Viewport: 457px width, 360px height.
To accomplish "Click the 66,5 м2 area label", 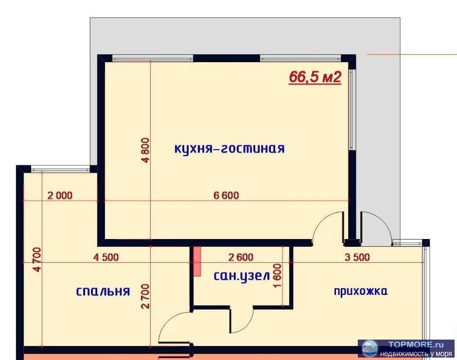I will pyautogui.click(x=315, y=77).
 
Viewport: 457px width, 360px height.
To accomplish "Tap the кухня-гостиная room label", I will pyautogui.click(x=229, y=149).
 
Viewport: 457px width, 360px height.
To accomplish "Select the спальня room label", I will pyautogui.click(x=103, y=291).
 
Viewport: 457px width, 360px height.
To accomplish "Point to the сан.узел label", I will pyautogui.click(x=242, y=276).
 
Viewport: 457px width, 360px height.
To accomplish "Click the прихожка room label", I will pyautogui.click(x=360, y=291).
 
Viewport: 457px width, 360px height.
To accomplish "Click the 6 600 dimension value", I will pyautogui.click(x=227, y=196).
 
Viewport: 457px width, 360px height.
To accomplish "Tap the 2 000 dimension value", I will pyautogui.click(x=60, y=196).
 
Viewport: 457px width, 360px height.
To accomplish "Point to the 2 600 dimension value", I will pyautogui.click(x=240, y=257).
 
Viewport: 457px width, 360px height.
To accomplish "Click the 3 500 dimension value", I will pyautogui.click(x=357, y=257).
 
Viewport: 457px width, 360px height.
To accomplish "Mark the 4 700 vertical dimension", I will pyautogui.click(x=37, y=259).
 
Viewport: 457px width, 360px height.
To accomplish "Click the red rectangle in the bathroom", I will pyautogui.click(x=197, y=261).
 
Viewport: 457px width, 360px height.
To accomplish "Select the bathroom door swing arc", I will pyautogui.click(x=242, y=321).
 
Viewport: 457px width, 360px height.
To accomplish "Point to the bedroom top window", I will pyautogui.click(x=60, y=169).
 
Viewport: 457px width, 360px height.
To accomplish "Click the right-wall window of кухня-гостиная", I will pyautogui.click(x=352, y=109).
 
